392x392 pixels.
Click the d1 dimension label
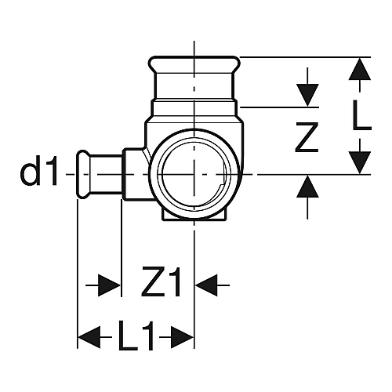pyautogui.click(x=38, y=171)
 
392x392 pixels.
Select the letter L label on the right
pyautogui.click(x=361, y=115)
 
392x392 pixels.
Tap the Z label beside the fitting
pyautogui.click(x=307, y=137)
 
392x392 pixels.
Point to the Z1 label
pyautogui.click(x=162, y=282)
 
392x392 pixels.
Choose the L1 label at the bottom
pyautogui.click(x=136, y=335)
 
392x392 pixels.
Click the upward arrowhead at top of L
pyautogui.click(x=360, y=69)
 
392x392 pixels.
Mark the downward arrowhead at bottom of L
pyautogui.click(x=360, y=162)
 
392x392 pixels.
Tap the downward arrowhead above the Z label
pyautogui.click(x=307, y=95)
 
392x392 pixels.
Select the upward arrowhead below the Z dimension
pyautogui.click(x=307, y=187)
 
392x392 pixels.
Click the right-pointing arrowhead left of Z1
pyautogui.click(x=109, y=285)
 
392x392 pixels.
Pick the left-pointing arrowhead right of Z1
pyautogui.click(x=206, y=285)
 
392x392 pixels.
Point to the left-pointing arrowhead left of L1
pyautogui.click(x=89, y=337)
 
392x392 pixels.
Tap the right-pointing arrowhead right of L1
pyautogui.click(x=182, y=337)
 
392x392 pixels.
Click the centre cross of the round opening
pyautogui.click(x=194, y=174)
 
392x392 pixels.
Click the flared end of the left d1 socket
pyautogui.click(x=82, y=174)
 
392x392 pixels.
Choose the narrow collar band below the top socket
pyautogui.click(x=194, y=101)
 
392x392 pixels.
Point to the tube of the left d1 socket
pyautogui.click(x=106, y=174)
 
